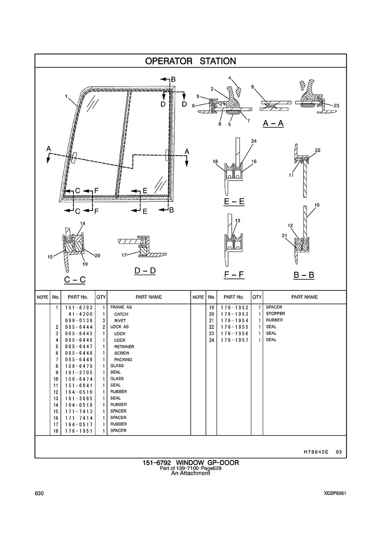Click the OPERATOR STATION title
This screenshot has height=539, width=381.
tap(190, 61)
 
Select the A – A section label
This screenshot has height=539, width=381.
tap(273, 123)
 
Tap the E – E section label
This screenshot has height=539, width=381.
tap(234, 201)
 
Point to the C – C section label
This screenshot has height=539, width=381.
tap(74, 279)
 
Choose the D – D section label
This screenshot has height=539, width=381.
tap(145, 270)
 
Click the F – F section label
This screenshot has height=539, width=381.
tap(234, 274)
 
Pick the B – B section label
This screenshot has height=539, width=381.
tap(304, 275)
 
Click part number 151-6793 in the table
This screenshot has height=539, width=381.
tap(78, 307)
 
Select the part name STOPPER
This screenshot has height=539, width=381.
tap(275, 314)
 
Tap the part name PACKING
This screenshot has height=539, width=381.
tap(123, 360)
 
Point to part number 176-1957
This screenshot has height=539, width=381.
tap(234, 340)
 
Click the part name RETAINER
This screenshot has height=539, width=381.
tap(124, 347)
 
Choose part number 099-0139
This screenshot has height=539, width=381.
tap(78, 320)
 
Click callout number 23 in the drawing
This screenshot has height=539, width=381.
tap(337, 106)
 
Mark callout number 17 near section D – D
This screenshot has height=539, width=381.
tap(124, 255)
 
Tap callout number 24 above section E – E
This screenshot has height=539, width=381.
tap(254, 141)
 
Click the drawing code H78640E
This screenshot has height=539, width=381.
tap(313, 452)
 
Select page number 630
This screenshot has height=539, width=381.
tap(39, 493)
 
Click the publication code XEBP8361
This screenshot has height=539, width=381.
tap(335, 493)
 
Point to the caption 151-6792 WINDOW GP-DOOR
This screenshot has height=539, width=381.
tap(190, 463)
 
